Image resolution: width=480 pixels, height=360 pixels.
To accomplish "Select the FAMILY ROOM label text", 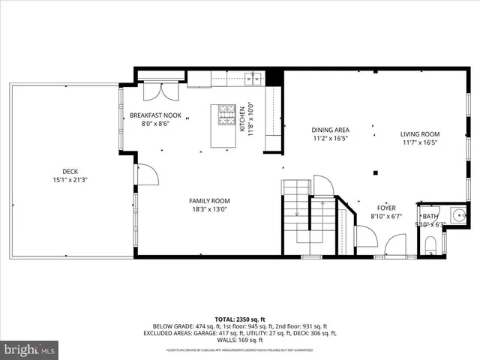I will [x=209, y=201].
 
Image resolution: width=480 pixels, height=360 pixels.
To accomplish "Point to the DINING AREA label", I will [x=331, y=129].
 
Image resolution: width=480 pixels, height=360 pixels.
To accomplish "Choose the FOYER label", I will [x=386, y=208].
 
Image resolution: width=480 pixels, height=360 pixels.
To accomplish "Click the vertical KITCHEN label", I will [x=242, y=118].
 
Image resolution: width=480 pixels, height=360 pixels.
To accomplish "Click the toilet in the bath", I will [x=430, y=244].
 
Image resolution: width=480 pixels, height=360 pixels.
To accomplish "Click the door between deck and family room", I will [x=145, y=175].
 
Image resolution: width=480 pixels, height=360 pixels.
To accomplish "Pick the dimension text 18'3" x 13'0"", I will [x=209, y=210].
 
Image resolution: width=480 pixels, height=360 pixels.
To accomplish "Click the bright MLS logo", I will [x=30, y=349].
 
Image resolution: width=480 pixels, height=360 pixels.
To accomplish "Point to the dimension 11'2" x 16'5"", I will [x=331, y=138].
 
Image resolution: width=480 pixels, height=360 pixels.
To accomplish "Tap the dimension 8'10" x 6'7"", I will [x=386, y=217].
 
